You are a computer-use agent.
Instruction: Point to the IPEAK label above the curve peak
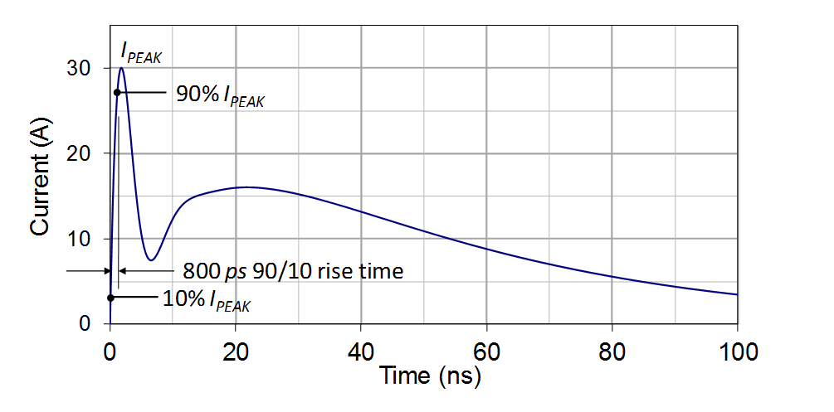[x=141, y=56]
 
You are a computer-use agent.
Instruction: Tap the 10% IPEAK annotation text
[x=207, y=299]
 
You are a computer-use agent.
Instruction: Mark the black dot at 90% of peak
[x=117, y=91]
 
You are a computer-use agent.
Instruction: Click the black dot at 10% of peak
[x=110, y=297]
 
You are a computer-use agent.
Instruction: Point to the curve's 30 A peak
[x=122, y=68]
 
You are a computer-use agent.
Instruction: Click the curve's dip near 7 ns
[x=150, y=259]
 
